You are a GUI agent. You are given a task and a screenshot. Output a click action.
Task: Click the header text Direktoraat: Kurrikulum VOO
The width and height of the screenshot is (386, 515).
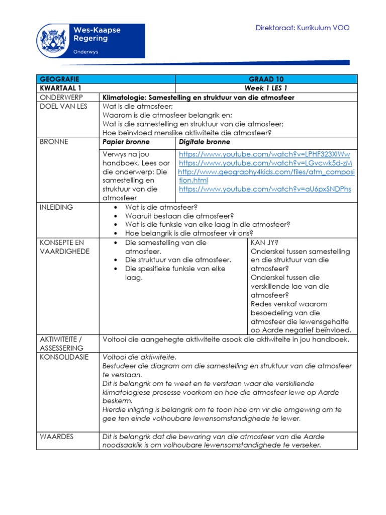coord(303,28)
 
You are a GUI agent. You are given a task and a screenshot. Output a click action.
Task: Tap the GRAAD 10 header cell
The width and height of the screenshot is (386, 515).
coord(265,79)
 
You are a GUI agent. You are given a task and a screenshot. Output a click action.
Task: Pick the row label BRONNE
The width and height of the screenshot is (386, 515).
coord(54,142)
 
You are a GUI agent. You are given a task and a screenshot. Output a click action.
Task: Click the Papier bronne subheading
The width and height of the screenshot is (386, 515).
coord(126,142)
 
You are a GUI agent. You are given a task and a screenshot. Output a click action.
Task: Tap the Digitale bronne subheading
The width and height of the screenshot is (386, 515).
coord(205,142)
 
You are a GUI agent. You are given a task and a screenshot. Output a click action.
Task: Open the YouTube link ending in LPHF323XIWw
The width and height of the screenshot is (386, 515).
coord(264,154)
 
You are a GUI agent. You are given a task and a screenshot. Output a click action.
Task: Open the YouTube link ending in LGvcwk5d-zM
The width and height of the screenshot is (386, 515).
coord(265,163)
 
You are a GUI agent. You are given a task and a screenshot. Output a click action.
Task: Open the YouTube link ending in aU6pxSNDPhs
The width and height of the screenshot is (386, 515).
coord(265,189)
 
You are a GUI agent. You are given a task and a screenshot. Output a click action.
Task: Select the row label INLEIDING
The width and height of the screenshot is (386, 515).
coord(56,207)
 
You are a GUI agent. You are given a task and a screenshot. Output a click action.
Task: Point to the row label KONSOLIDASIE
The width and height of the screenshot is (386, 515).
coord(64,357)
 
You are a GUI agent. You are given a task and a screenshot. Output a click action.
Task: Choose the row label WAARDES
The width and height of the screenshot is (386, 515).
coord(56,437)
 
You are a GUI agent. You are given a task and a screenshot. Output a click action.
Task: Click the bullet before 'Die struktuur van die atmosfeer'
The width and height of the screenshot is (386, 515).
coord(116,260)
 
